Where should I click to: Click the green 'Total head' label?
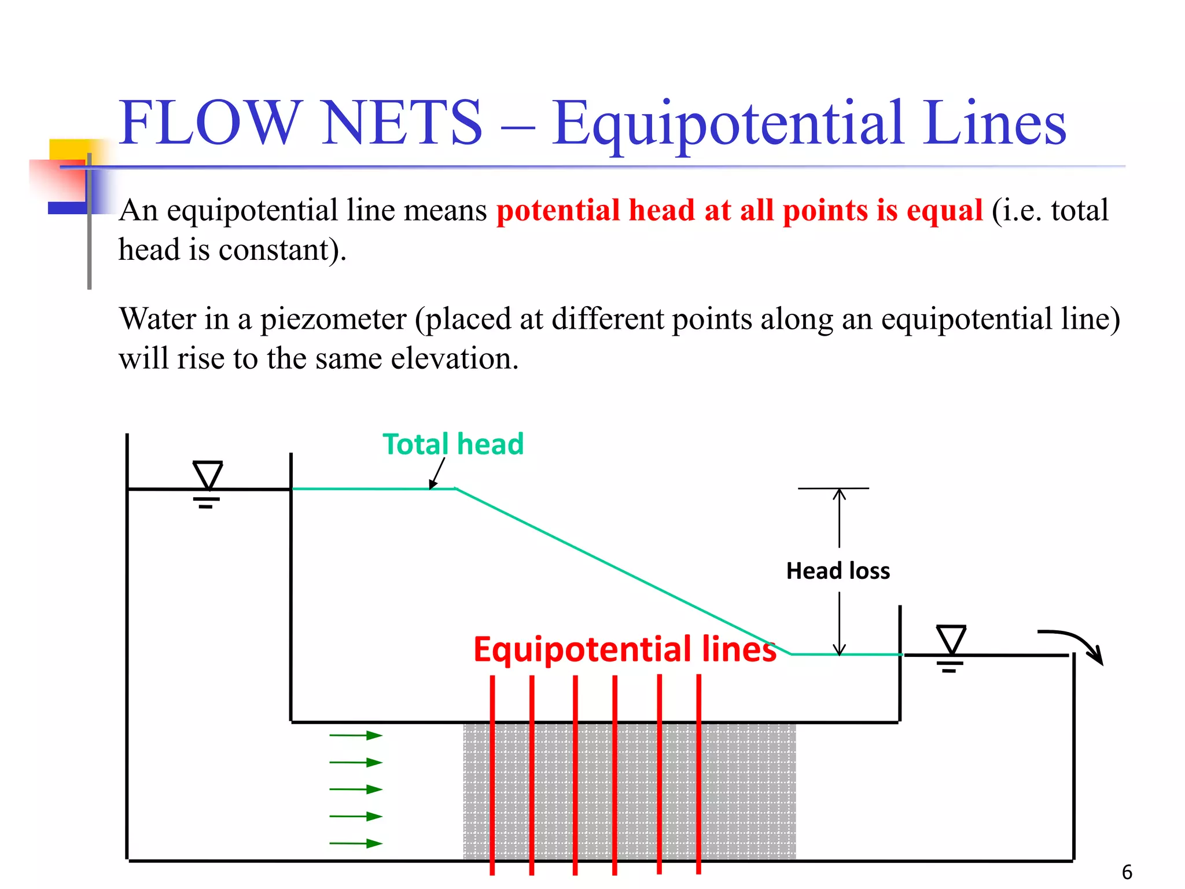453,444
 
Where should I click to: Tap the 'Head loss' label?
838,571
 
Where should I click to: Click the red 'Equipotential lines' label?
625,649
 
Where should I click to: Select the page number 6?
1127,872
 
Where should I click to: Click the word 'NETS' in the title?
402,123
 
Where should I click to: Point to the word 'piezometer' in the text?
333,319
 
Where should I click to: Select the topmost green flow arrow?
356,736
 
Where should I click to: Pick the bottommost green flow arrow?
356,843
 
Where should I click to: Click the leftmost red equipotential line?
492,776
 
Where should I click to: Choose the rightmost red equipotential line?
699,776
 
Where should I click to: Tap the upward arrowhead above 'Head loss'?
840,493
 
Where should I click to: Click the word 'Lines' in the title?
994,123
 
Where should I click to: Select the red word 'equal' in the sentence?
944,210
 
